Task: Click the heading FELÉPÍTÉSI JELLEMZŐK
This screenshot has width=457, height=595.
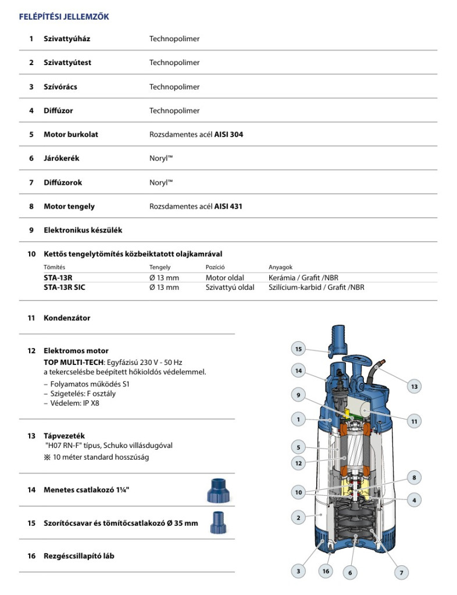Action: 64,17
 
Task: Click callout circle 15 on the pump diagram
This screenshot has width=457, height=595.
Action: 298,349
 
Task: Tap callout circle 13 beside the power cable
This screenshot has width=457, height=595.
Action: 414,386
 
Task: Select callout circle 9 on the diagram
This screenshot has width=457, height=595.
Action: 298,396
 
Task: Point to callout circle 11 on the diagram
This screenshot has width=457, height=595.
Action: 414,422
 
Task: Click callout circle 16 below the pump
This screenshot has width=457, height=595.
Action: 326,571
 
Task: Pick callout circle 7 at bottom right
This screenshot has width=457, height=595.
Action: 401,572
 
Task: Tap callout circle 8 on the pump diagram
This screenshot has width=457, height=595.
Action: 415,478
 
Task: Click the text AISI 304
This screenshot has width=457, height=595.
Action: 228,134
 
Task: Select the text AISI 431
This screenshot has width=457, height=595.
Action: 228,206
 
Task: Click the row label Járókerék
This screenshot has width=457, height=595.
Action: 60,158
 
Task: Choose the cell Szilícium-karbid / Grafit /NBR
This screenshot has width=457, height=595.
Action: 316,287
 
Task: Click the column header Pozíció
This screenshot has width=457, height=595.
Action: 215,267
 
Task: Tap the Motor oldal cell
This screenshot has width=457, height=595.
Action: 224,278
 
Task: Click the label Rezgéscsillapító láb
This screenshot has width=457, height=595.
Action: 79,556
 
